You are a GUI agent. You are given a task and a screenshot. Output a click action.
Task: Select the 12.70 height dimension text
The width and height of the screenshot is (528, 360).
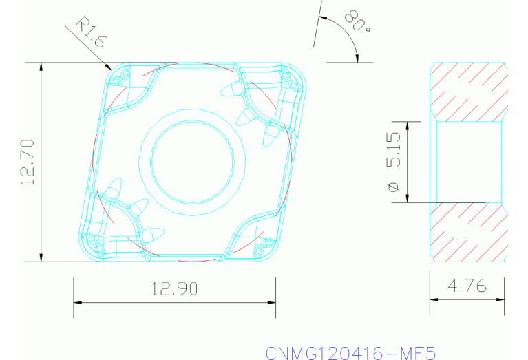click(x=28, y=162)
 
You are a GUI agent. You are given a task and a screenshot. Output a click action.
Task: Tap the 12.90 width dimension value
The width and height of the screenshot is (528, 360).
click(x=175, y=289)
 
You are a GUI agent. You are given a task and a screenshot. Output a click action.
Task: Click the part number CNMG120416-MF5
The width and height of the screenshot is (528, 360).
click(x=351, y=352)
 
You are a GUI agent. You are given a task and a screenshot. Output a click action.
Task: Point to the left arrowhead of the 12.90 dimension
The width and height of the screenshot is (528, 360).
click(x=78, y=303)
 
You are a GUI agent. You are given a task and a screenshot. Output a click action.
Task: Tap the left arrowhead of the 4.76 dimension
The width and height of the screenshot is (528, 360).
click(x=434, y=299)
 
